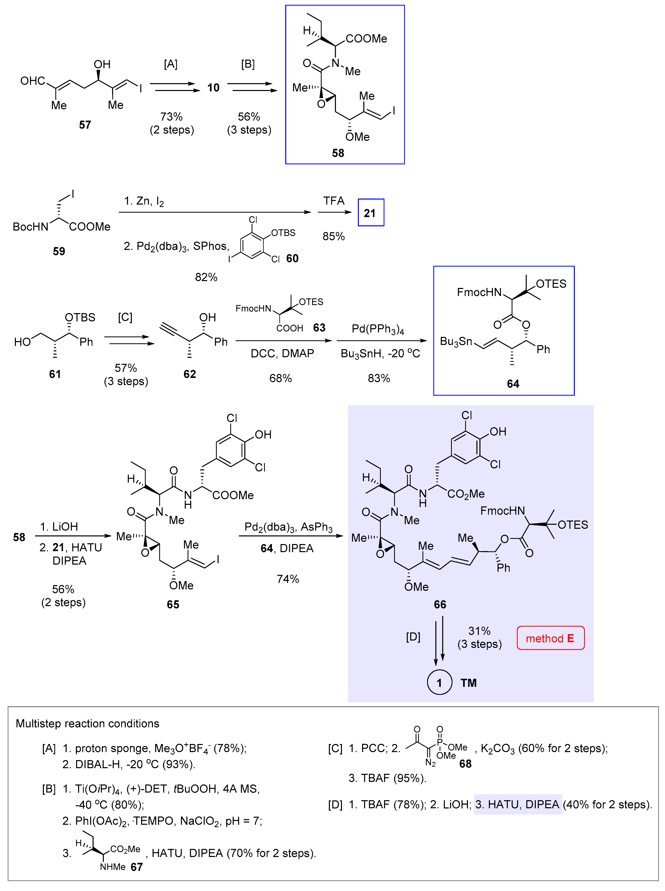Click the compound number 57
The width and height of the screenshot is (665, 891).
[x=85, y=125]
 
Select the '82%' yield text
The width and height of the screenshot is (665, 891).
[x=206, y=277]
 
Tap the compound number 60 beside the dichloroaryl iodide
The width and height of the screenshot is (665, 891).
[x=292, y=259]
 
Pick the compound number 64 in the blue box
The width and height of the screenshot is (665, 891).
[x=513, y=384]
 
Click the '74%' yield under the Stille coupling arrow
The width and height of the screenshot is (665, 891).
[x=288, y=579]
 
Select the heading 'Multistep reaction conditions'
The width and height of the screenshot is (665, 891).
[x=87, y=723]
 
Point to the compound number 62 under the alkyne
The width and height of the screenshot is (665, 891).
[x=190, y=374]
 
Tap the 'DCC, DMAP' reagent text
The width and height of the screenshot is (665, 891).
[x=282, y=354]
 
